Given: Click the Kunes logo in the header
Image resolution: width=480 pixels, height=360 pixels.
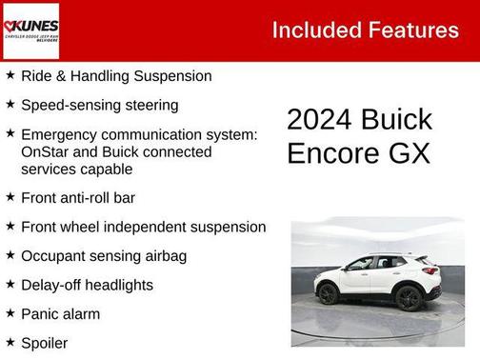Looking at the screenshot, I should [31, 30].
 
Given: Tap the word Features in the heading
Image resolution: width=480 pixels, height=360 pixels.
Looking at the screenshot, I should [410, 30].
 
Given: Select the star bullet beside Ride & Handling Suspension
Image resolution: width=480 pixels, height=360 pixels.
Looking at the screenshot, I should [10, 74].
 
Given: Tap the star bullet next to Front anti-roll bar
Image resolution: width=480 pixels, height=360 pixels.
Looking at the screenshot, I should [10, 197].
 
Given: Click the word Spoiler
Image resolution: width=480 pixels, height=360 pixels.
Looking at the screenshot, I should [45, 343].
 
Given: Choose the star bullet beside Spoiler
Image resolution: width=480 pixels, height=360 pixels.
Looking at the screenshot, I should [10, 342].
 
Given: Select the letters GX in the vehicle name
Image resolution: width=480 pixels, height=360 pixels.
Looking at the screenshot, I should [410, 152].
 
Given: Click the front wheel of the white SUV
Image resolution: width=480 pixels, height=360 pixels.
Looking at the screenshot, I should [329, 294].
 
